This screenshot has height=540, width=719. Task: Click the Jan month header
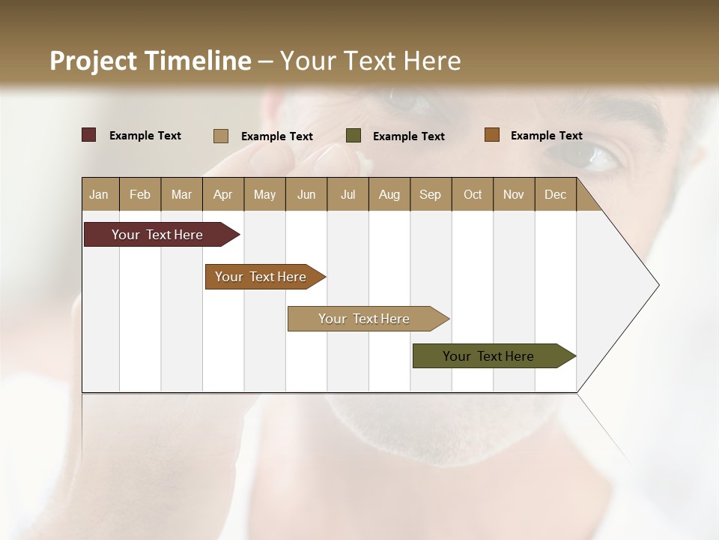click(100, 194)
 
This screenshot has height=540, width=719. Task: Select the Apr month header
click(222, 194)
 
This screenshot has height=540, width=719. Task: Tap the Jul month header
click(348, 194)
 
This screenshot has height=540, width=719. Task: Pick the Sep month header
click(430, 194)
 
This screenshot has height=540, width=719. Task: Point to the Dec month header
click(555, 194)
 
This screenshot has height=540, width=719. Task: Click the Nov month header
click(513, 194)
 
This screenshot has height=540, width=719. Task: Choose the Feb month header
click(140, 194)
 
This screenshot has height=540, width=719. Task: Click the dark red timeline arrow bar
click(158, 235)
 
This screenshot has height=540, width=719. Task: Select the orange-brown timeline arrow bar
click(261, 277)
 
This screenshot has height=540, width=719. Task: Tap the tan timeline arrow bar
click(365, 319)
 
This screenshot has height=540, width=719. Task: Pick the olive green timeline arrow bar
click(489, 356)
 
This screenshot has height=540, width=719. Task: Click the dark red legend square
click(88, 135)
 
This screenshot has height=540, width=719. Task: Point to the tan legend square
click(220, 136)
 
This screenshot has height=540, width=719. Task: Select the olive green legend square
click(354, 136)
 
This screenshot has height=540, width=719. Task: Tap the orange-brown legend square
click(491, 135)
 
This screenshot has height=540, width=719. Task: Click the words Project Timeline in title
click(151, 61)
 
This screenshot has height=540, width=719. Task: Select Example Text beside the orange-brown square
click(546, 136)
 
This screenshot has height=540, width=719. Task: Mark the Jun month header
click(306, 194)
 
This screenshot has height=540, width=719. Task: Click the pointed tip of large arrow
click(657, 285)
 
